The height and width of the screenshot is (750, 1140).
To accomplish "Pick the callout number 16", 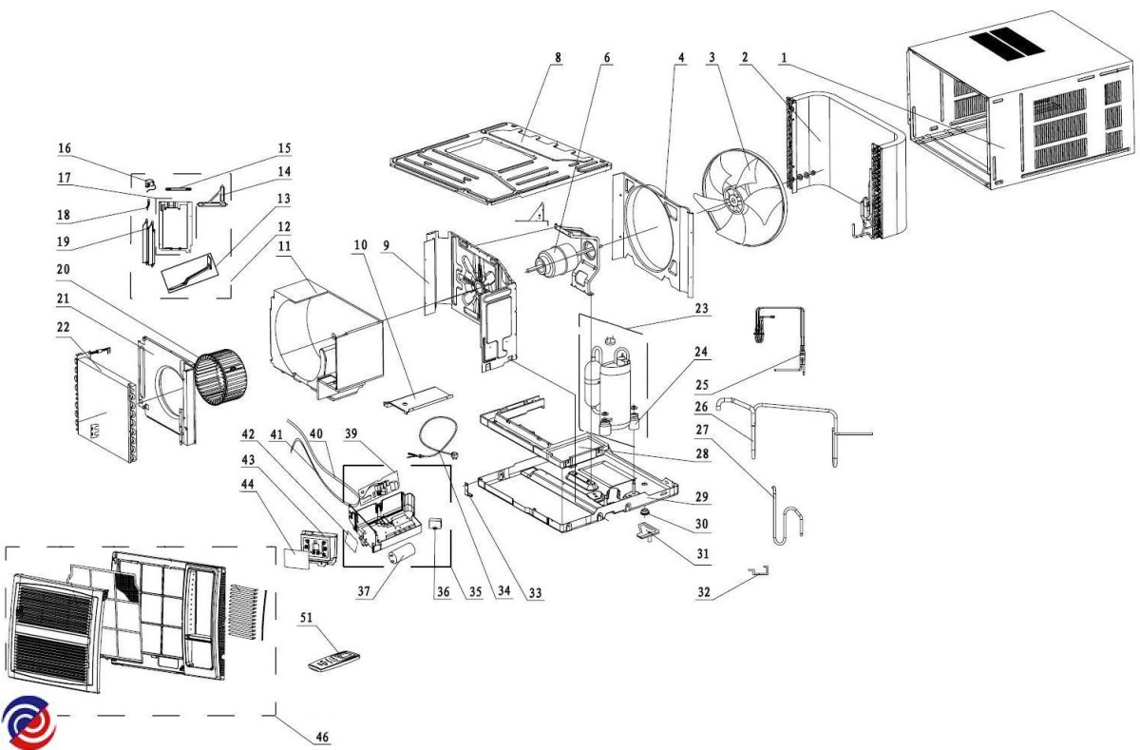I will click(65, 149).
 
